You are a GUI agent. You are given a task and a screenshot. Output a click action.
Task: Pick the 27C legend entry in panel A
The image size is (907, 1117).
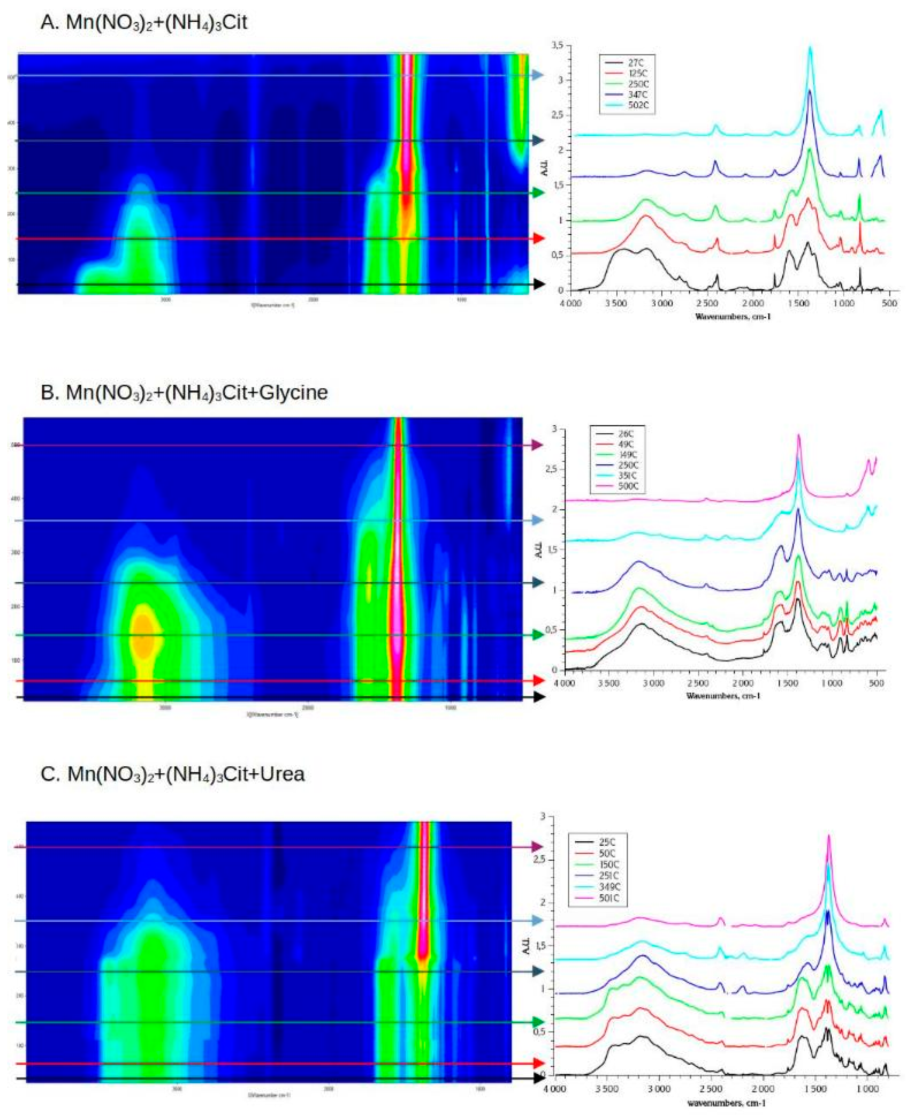coord(637,62)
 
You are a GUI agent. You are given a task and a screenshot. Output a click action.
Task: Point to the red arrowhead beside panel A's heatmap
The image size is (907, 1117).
coord(538,239)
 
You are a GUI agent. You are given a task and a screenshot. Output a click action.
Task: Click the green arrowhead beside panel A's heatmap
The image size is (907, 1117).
coord(538,193)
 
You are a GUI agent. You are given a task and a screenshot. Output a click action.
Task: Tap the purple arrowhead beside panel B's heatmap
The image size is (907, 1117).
coord(538,445)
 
